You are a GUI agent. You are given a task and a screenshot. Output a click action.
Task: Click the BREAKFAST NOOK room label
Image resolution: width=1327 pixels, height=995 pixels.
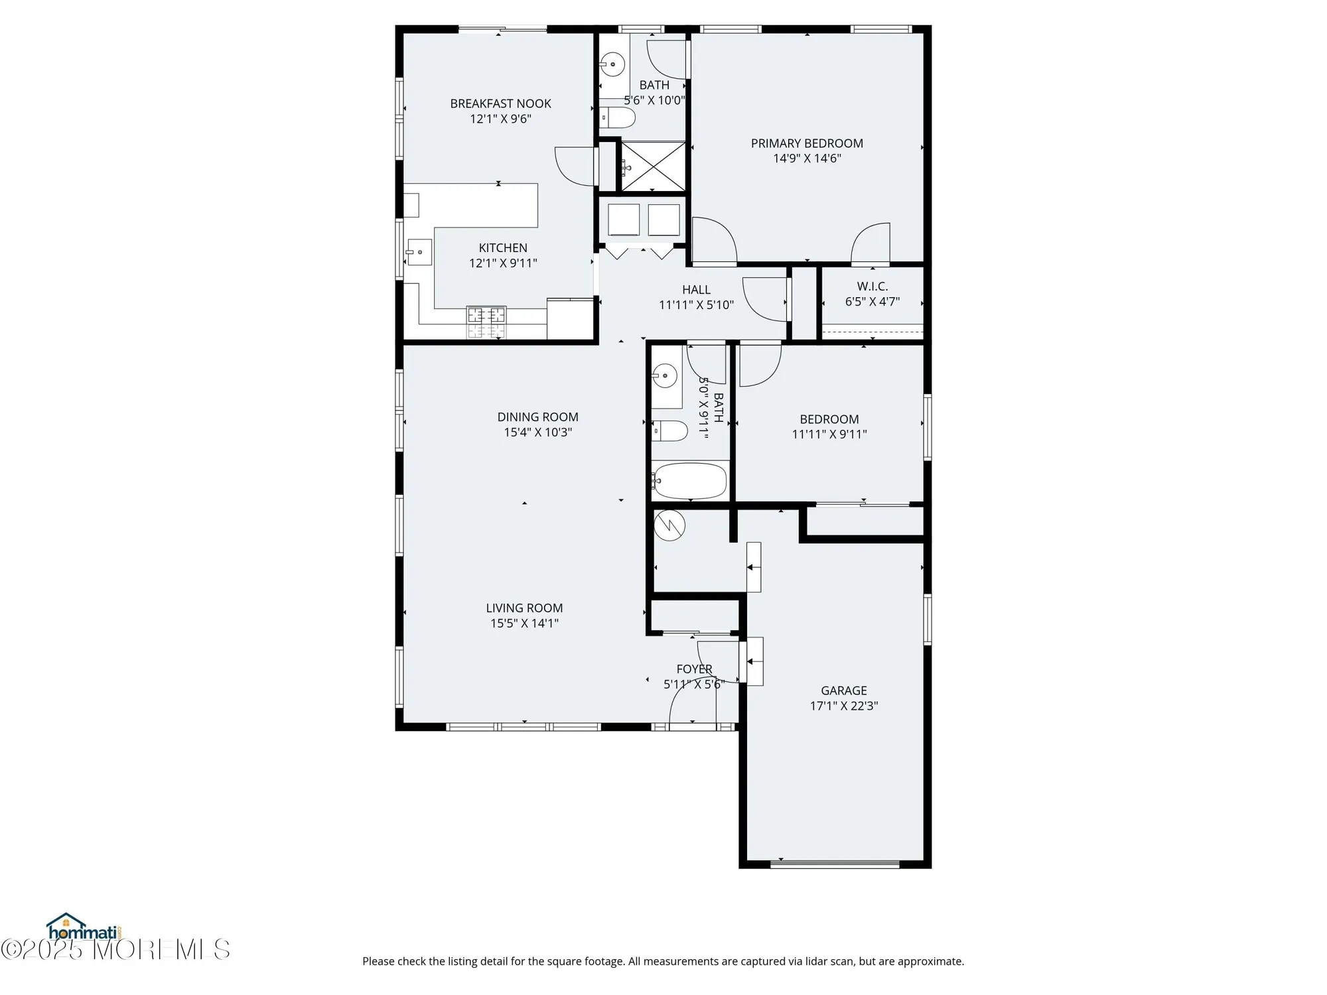(500, 103)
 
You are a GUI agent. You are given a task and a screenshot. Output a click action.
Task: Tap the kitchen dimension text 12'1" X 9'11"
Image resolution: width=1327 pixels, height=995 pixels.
(503, 263)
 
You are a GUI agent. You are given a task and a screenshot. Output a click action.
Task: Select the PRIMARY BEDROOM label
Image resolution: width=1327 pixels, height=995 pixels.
(807, 143)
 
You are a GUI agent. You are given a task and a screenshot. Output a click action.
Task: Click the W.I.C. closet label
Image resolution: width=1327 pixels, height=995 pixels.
(872, 287)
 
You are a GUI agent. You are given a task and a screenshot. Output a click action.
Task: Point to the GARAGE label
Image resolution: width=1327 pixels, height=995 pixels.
(843, 691)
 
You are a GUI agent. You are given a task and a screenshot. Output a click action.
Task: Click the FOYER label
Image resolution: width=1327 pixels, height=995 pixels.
(694, 669)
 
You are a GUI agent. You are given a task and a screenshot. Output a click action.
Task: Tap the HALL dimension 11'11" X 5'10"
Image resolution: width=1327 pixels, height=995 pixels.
(696, 305)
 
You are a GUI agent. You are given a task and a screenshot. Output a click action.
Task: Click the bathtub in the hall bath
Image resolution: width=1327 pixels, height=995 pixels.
(690, 481)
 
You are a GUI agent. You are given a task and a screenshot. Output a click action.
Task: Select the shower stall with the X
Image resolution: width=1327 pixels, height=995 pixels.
(653, 166)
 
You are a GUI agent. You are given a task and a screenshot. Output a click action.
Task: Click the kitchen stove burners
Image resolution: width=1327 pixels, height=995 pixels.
(486, 322)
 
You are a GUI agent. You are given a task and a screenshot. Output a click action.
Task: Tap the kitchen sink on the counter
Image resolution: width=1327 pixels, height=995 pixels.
(419, 252)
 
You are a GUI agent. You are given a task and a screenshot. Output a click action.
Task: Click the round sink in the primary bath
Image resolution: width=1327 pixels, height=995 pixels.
(613, 65)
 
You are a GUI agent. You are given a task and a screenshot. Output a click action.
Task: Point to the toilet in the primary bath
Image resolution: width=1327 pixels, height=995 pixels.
(618, 118)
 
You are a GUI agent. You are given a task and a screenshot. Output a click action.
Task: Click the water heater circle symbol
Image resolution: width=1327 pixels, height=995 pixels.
(669, 525)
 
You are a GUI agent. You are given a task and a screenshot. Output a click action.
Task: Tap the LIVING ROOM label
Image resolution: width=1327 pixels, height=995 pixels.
(524, 608)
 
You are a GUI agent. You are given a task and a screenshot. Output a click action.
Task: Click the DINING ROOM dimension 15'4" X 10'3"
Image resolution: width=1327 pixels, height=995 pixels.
(537, 432)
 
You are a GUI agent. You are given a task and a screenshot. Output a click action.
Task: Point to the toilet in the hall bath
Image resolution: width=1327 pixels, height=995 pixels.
(669, 431)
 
